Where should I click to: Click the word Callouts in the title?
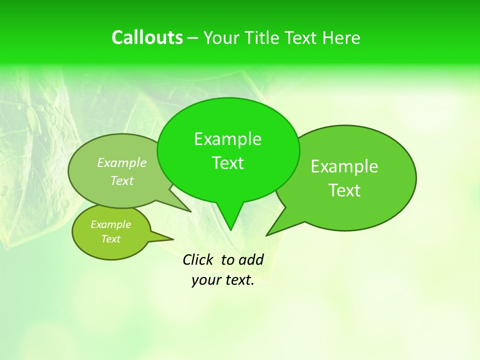(147, 37)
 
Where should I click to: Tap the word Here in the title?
(341, 38)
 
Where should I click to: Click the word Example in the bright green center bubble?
(227, 139)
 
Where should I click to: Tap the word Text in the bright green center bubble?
(227, 163)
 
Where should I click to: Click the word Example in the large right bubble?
(344, 166)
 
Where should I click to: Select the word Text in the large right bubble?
(344, 190)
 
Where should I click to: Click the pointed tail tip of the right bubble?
(266, 235)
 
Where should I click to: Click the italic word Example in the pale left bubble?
(122, 162)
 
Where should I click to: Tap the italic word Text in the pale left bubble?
(122, 180)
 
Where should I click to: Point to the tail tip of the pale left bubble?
(191, 211)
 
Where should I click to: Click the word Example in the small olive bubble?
(110, 224)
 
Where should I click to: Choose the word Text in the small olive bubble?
(110, 239)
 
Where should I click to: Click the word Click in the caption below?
(197, 259)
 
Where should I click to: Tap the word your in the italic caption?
(206, 280)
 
